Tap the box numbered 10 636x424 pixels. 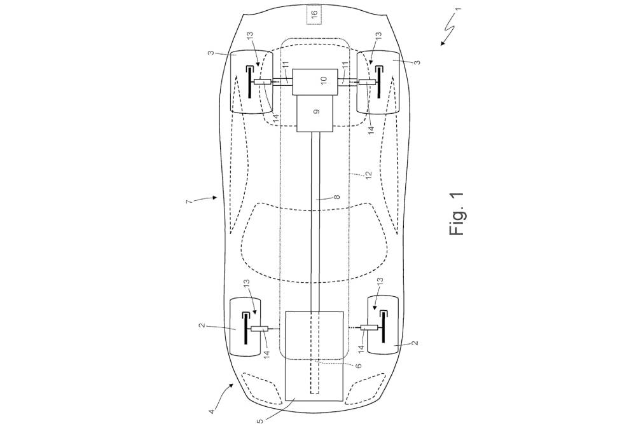tap(315, 82)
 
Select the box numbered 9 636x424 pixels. tap(315, 114)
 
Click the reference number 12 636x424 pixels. tap(368, 175)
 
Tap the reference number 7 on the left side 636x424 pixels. tap(189, 201)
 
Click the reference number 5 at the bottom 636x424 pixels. tap(260, 420)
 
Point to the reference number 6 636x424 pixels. tap(358, 366)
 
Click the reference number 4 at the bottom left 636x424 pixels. tap(212, 412)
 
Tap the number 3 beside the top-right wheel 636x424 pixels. tap(418, 62)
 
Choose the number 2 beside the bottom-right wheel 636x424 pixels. tap(414, 343)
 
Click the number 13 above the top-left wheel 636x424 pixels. tap(250, 37)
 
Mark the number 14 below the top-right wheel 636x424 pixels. tap(370, 131)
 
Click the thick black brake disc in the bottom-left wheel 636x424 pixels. tap(246, 329)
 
